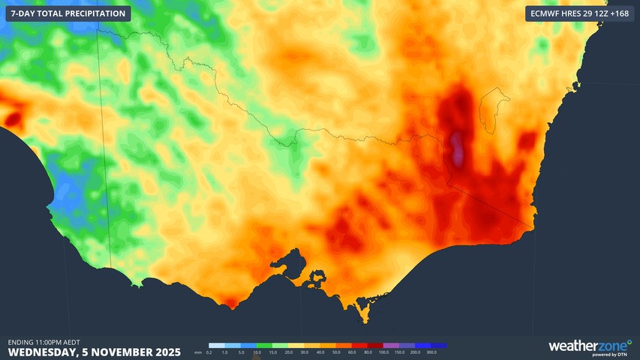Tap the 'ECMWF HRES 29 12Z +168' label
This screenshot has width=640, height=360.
coord(578,13)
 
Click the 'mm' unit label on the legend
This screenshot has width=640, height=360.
coord(198,352)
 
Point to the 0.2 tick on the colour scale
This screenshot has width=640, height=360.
coord(209,352)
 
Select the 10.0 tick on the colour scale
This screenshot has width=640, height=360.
coord(257,352)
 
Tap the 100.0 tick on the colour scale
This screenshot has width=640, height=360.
coord(383,352)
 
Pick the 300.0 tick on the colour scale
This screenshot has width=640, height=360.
coord(431,352)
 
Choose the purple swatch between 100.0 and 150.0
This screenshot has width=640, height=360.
coord(391,346)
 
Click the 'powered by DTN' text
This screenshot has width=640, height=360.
coord(608,355)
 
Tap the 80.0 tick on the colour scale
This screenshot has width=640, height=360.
coord(368,352)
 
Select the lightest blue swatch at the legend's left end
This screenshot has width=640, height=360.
coord(216,346)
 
